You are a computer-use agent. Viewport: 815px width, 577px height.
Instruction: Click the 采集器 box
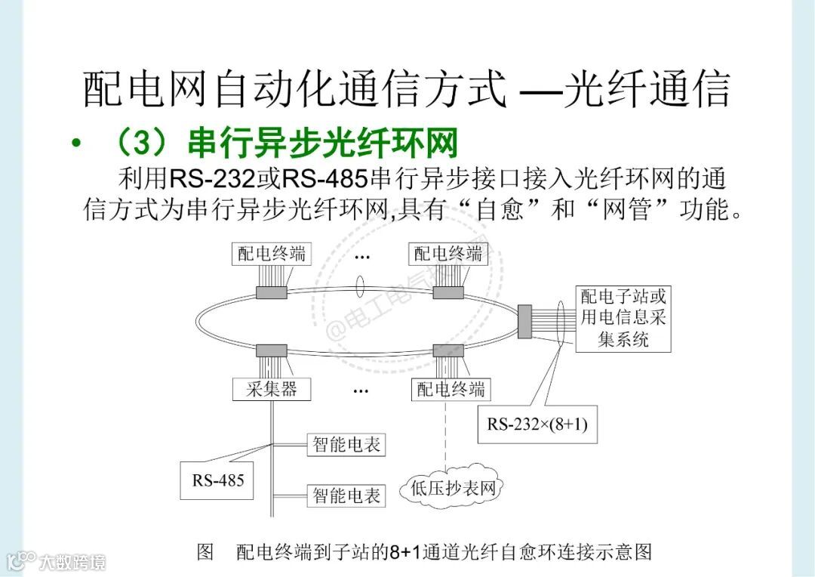coord(272,389)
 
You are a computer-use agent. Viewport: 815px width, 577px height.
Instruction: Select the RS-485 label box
coord(218,480)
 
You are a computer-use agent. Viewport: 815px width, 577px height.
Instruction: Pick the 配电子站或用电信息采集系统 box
coord(623,317)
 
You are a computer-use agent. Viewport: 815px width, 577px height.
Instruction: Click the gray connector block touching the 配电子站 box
coord(525,321)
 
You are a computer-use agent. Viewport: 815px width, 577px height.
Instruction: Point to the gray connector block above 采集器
coord(272,350)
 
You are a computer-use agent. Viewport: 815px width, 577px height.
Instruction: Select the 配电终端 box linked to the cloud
coord(451,389)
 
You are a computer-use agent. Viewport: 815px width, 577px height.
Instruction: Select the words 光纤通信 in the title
coord(647,89)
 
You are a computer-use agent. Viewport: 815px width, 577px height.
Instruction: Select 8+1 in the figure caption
coord(406,552)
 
